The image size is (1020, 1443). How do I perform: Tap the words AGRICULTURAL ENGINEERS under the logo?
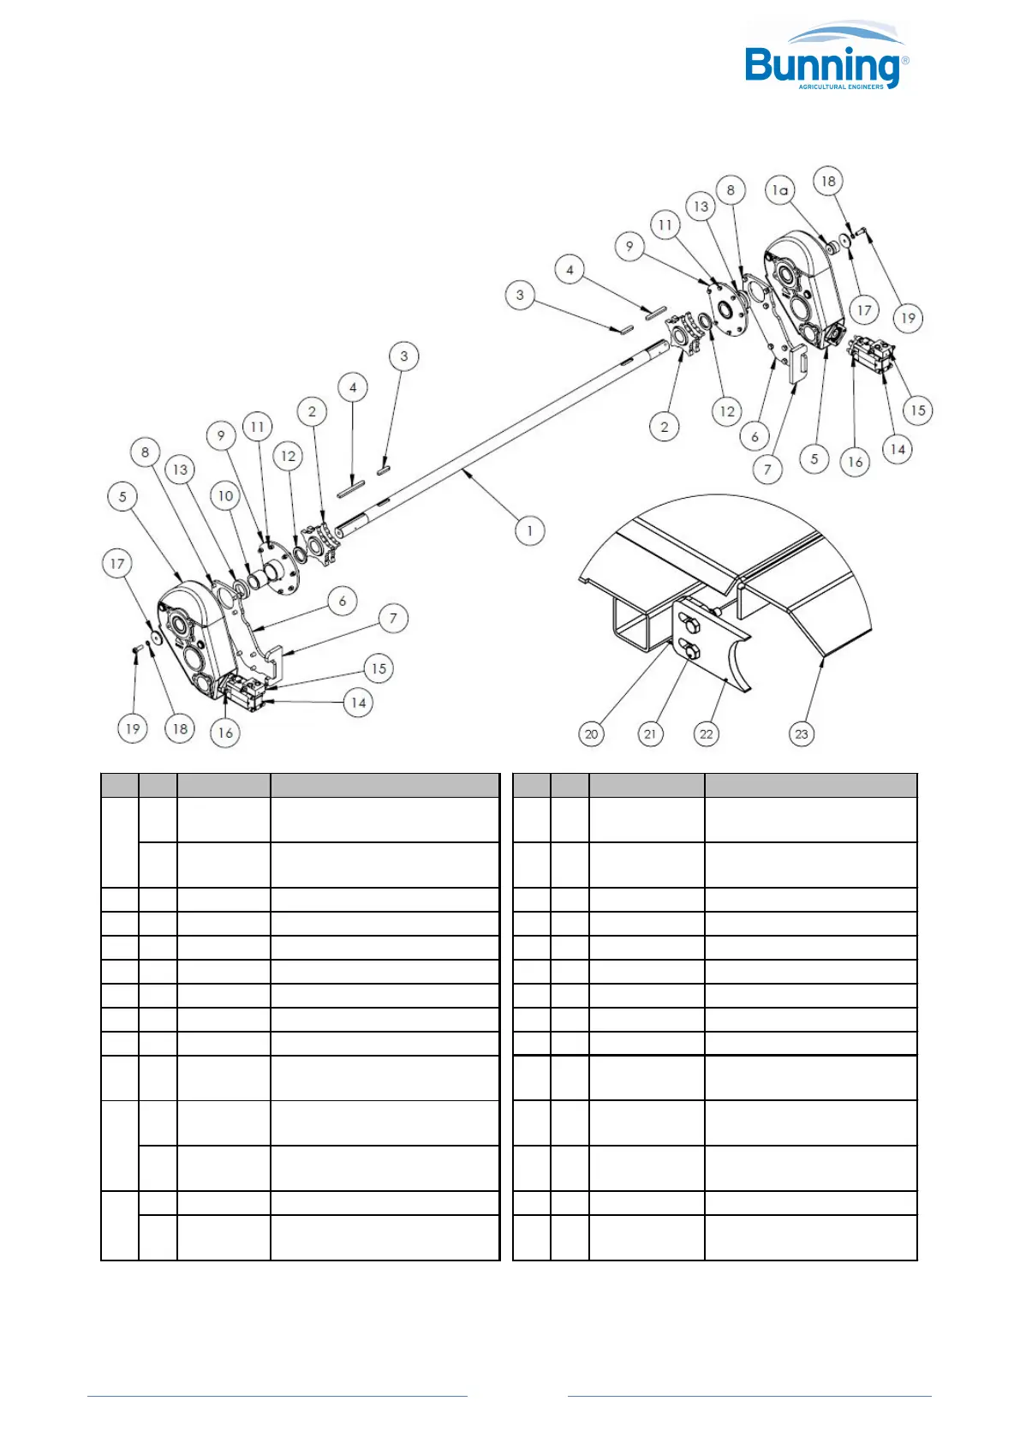tap(840, 87)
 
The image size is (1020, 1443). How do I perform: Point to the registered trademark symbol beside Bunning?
tap(905, 60)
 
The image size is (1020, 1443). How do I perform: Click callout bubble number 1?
tap(529, 530)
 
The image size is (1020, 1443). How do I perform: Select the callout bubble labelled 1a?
tap(779, 190)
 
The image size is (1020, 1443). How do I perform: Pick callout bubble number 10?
tap(225, 496)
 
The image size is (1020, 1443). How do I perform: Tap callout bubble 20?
tap(591, 733)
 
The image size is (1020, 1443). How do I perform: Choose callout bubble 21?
tap(650, 733)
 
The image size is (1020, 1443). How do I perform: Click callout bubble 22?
tap(706, 733)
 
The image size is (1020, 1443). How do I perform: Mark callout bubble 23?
tap(801, 733)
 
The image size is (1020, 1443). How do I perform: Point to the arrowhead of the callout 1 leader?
tap(462, 469)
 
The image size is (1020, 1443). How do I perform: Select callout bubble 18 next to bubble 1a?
tap(828, 181)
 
